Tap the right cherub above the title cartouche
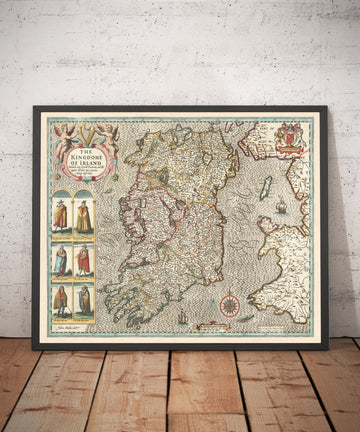tap(104, 134)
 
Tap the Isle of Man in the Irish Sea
tap(265, 186)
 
